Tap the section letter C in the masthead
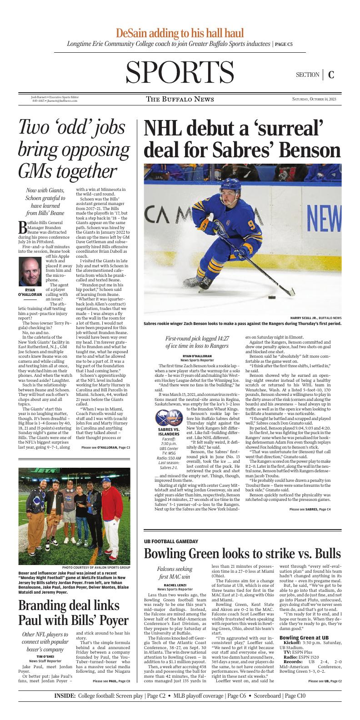coord(331,75)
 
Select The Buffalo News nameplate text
coord(180,99)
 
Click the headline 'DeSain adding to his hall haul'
coord(180,33)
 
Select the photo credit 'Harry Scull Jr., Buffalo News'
coord(316,317)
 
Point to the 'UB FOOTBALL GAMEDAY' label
coord(171,541)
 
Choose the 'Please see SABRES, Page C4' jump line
coord(310,509)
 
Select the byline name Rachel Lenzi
coord(174,585)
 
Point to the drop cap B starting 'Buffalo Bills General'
coord(22,226)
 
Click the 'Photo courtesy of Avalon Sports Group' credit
coord(96,568)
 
